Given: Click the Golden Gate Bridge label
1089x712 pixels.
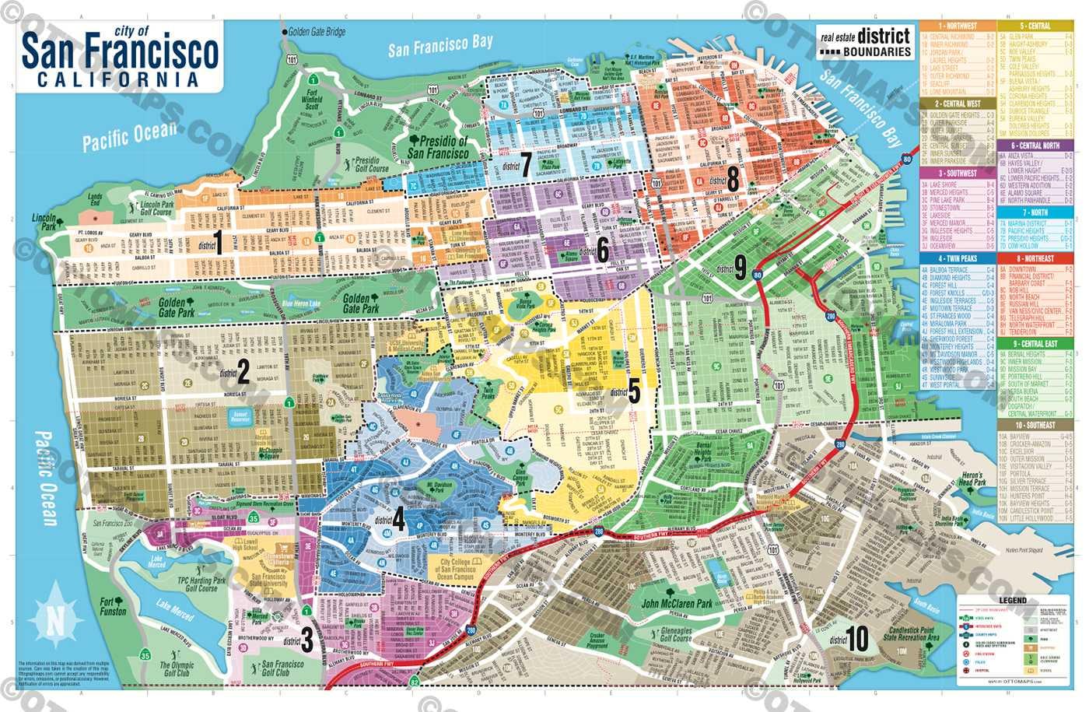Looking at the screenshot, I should (x=317, y=32).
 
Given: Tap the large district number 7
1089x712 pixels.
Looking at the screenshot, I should (x=526, y=164).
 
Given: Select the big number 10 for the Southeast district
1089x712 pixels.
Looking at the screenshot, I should (x=856, y=639).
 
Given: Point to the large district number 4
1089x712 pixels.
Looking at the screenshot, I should (x=399, y=518).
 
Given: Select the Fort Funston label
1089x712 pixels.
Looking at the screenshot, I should (x=113, y=606).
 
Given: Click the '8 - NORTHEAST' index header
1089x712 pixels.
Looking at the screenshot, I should (x=1034, y=258).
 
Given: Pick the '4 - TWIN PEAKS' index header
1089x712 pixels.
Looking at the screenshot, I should (x=957, y=258).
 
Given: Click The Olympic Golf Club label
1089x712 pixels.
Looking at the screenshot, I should (x=177, y=668).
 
